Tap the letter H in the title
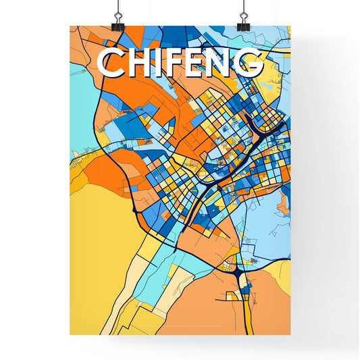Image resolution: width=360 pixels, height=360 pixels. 139,63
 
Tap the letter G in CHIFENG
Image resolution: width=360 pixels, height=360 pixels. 250,63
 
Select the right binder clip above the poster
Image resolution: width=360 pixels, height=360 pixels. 242,18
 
